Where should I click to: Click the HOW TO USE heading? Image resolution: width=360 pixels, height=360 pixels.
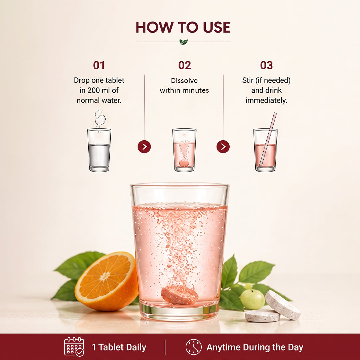tap(183, 27)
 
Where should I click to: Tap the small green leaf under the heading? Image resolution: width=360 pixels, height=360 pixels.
tap(183, 42)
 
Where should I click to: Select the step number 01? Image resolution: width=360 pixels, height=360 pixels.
tap(99, 65)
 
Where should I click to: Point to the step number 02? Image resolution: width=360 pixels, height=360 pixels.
tap(185, 65)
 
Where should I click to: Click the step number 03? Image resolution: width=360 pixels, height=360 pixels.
tap(266, 65)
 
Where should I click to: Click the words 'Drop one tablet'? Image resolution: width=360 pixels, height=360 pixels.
tap(99, 80)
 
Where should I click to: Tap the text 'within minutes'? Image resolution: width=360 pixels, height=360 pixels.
tap(184, 90)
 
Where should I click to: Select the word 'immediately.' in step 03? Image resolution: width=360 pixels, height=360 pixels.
tap(266, 101)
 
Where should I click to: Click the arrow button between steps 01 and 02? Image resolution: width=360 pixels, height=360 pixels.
tap(144, 146)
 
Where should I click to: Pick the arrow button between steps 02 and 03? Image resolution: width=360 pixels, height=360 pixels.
tap(223, 146)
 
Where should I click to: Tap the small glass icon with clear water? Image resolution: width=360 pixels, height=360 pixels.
tap(99, 150)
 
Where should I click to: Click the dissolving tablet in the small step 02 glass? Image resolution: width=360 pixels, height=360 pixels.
tap(184, 163)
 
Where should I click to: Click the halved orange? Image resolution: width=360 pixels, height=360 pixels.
tap(107, 281)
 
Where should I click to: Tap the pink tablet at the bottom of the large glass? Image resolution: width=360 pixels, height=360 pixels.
tap(180, 295)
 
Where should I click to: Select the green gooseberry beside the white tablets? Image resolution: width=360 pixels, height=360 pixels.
tap(252, 299)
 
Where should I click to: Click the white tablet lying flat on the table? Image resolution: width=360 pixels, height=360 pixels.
tap(262, 316)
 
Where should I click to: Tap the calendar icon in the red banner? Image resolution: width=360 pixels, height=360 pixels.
tap(74, 347)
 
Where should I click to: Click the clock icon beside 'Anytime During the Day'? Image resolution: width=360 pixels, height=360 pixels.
tap(194, 347)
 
